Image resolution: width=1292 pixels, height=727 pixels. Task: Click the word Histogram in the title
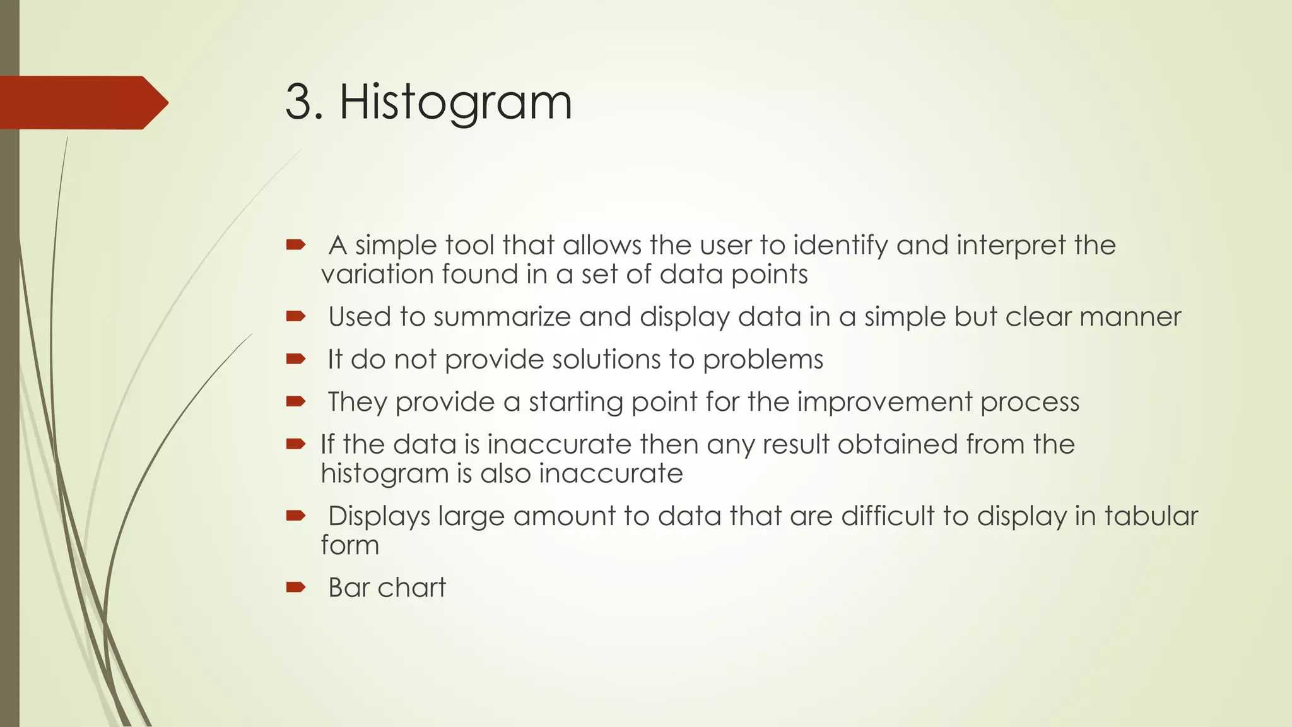455,102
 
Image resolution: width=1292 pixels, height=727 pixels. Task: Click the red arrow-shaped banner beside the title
82,103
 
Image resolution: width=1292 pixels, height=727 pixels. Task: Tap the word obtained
896,444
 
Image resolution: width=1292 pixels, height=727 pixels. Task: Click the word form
349,545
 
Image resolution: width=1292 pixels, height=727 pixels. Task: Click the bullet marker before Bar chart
295,588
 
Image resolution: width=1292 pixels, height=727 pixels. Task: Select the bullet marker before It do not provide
295,360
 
